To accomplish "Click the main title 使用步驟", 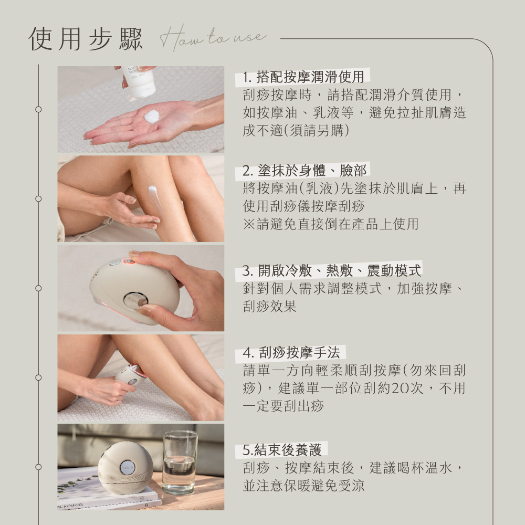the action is [86, 39].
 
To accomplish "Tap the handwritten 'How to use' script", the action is [213, 37].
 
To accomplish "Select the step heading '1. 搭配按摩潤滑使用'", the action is [303, 77].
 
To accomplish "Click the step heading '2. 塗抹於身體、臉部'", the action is [304, 171].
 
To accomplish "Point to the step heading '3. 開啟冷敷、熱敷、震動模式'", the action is [331, 270].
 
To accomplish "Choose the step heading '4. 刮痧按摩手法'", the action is [291, 352].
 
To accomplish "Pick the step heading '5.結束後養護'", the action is [282, 450].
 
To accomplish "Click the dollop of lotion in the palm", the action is [152, 116].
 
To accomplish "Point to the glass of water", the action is [180, 462].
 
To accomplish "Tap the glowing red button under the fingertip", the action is [129, 261].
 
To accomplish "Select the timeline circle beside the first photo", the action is [38, 110].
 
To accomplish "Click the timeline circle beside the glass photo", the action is [38, 467].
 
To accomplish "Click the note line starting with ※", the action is [331, 224].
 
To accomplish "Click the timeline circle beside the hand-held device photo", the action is [38, 288].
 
